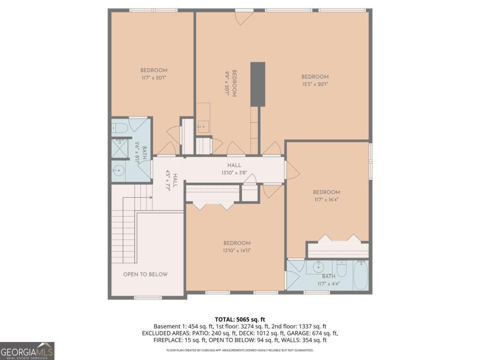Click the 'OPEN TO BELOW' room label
point(145,274)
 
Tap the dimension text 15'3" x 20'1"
point(315,84)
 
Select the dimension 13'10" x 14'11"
point(237,250)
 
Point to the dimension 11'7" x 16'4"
point(326,200)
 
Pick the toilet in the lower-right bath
point(341,269)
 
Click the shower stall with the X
point(119,148)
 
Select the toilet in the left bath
point(120,128)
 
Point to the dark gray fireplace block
point(258,84)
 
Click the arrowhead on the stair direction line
point(151,198)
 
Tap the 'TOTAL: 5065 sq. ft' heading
point(240,320)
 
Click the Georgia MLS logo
point(27,351)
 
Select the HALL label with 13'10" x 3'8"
point(234,166)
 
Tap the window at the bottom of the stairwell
point(148,298)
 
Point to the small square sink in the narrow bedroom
point(203,127)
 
